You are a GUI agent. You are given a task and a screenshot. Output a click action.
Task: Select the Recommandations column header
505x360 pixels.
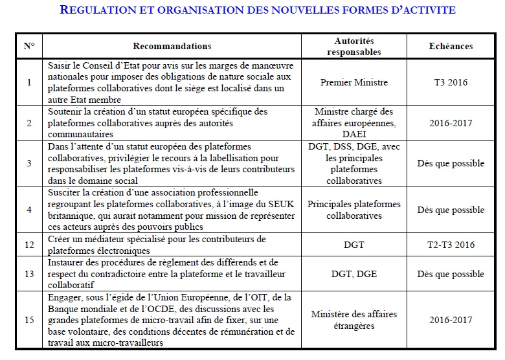(x=172, y=47)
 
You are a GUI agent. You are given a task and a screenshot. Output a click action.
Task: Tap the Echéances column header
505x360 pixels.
(x=451, y=47)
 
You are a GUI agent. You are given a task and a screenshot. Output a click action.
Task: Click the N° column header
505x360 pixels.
(x=29, y=47)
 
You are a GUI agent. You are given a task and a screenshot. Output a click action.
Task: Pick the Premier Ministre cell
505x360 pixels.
(x=354, y=83)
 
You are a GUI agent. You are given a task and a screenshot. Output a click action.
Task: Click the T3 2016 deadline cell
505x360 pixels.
(x=451, y=83)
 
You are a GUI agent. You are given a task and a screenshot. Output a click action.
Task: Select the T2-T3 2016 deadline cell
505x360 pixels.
(x=451, y=245)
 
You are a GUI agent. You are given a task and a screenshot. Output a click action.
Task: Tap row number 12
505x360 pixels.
(x=29, y=245)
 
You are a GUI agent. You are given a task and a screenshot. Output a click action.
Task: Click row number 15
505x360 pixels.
(x=29, y=320)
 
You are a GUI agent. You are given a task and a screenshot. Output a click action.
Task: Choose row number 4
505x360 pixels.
(x=29, y=210)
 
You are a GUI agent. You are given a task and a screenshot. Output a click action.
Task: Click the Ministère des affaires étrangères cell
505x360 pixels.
(x=354, y=320)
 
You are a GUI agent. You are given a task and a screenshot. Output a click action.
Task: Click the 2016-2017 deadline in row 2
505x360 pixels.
(x=451, y=122)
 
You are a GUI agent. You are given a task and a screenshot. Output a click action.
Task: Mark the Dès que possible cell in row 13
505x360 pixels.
(x=451, y=275)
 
